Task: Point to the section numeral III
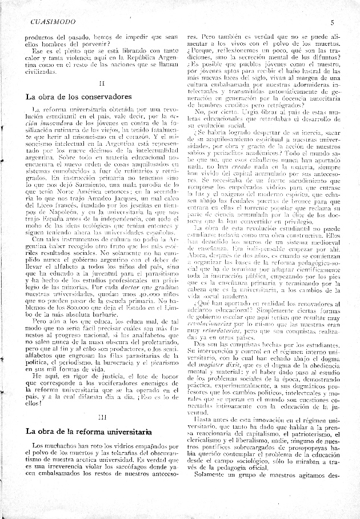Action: pos(102,418)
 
